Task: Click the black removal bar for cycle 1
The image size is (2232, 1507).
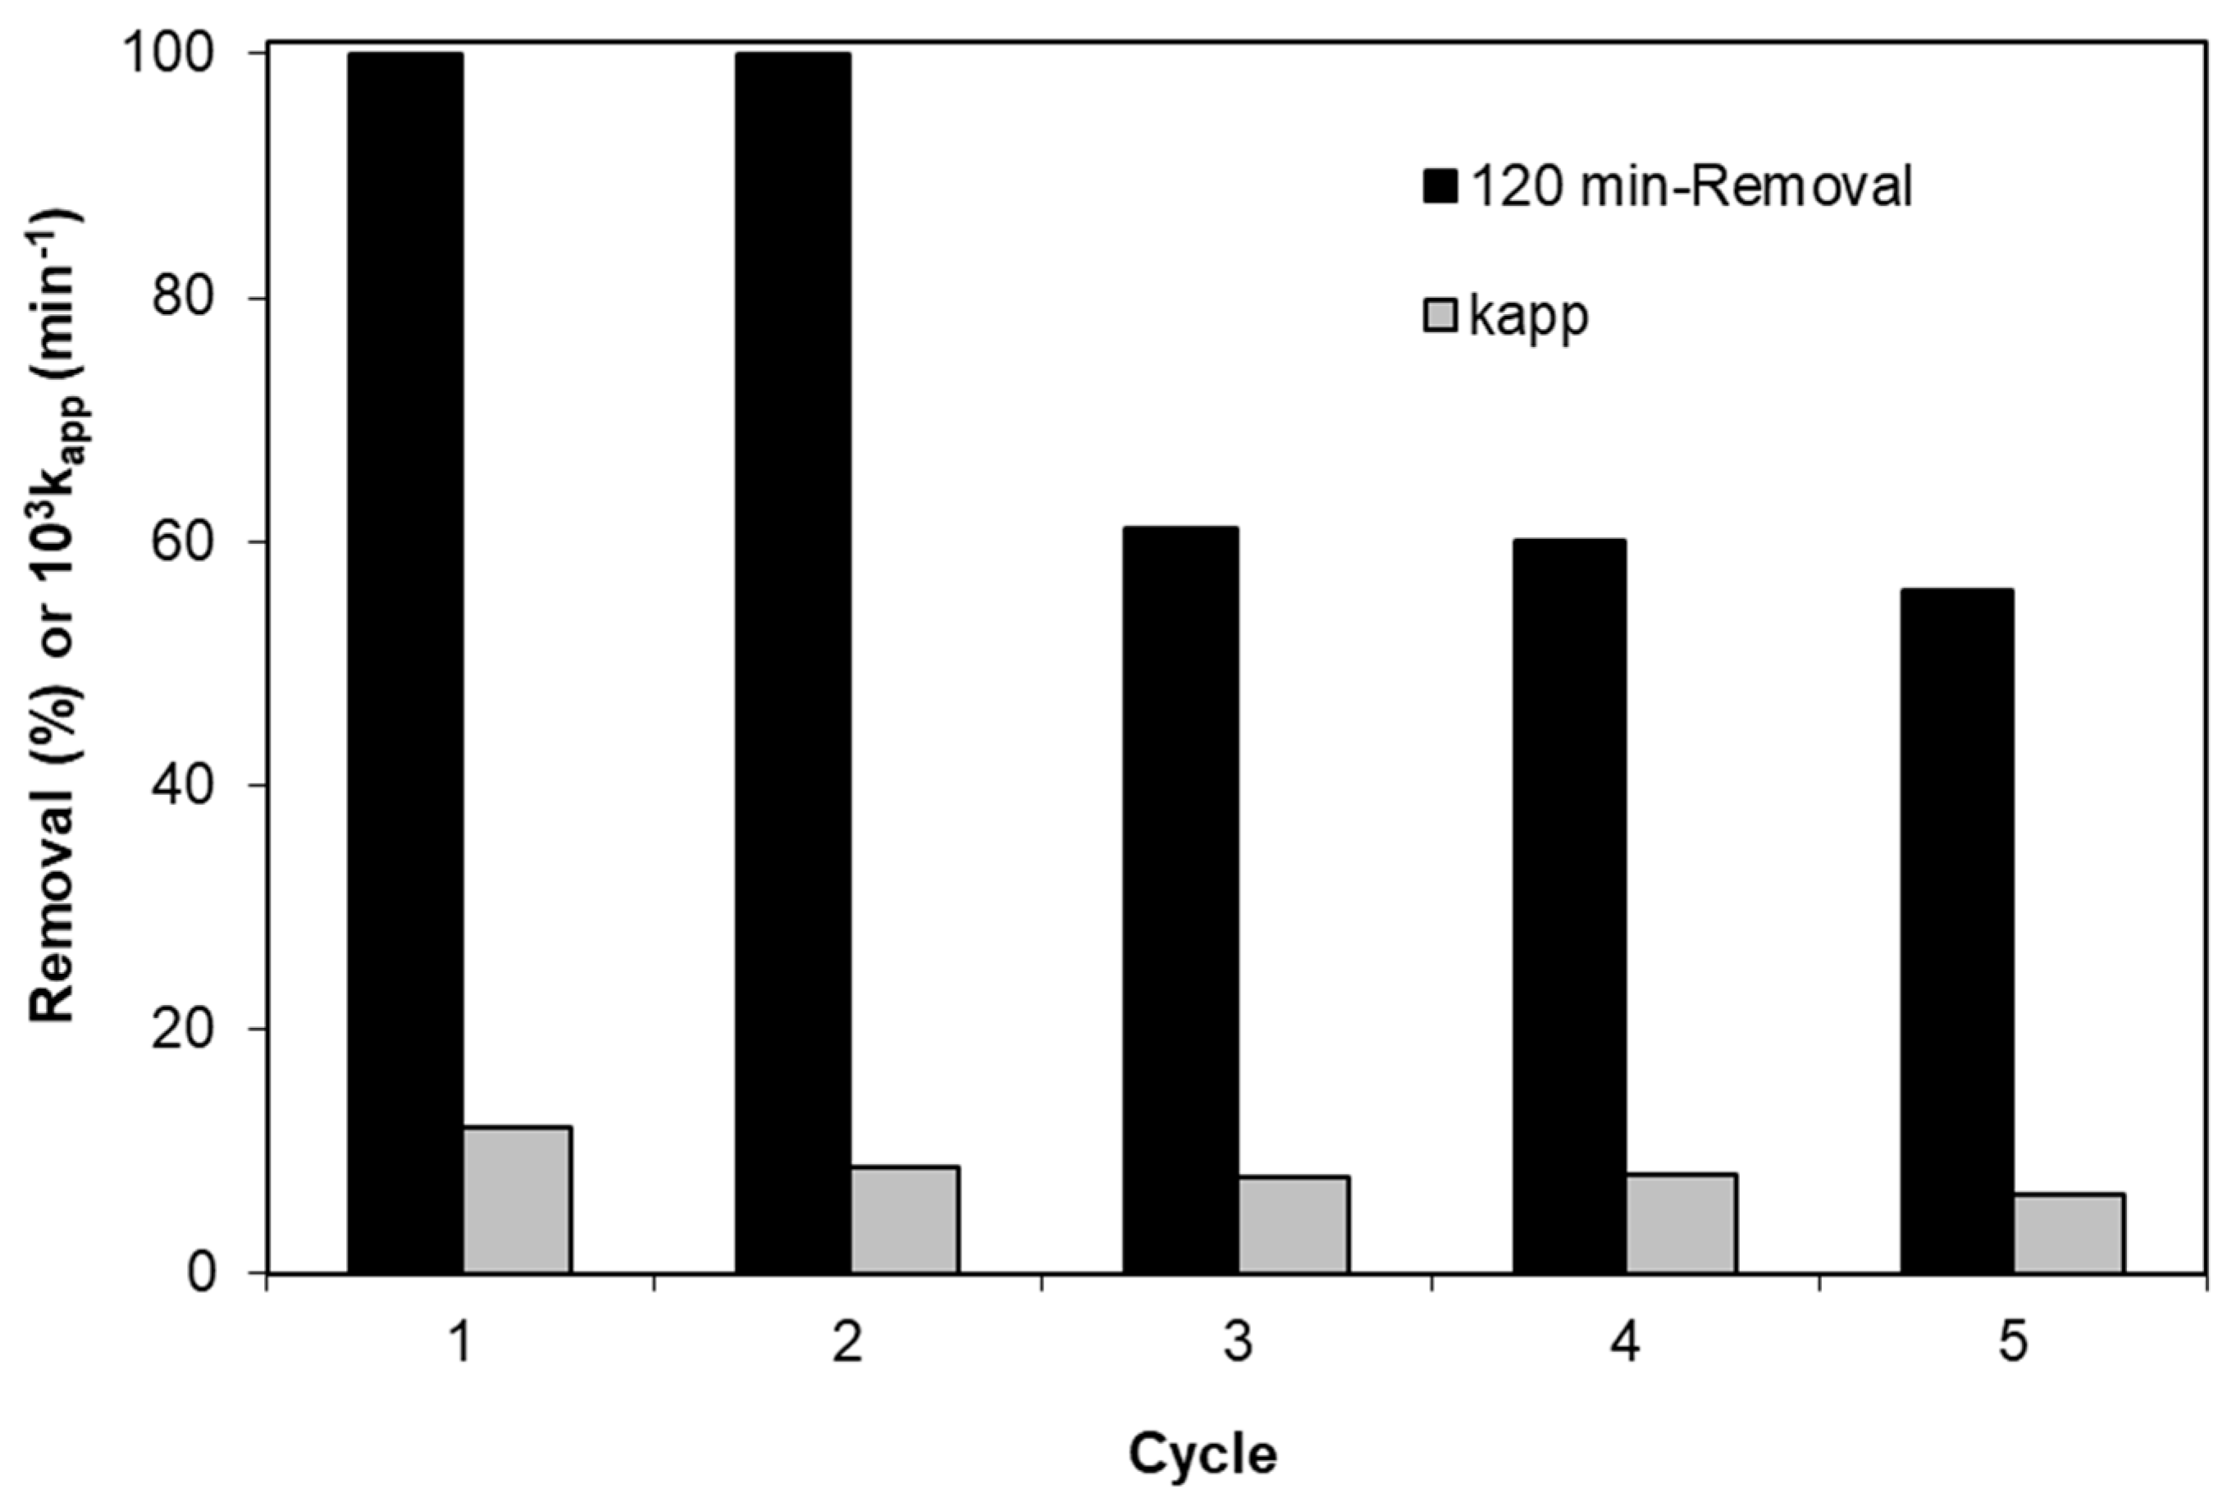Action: tap(405, 663)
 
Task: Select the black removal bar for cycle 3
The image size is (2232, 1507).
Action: tap(1180, 900)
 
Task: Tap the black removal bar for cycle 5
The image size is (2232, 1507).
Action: tap(1956, 931)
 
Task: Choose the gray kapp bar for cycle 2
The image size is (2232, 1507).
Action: tap(905, 1220)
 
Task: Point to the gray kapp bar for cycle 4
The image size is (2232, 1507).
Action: tap(1681, 1224)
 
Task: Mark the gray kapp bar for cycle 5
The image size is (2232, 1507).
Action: tap(2069, 1233)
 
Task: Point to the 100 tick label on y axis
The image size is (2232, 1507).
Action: tap(185, 55)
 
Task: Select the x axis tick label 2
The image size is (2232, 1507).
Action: tap(847, 1343)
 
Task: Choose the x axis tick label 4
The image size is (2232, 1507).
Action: tap(1625, 1343)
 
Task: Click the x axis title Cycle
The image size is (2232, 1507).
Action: tap(1203, 1453)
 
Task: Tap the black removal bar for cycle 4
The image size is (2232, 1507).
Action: tap(1569, 906)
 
